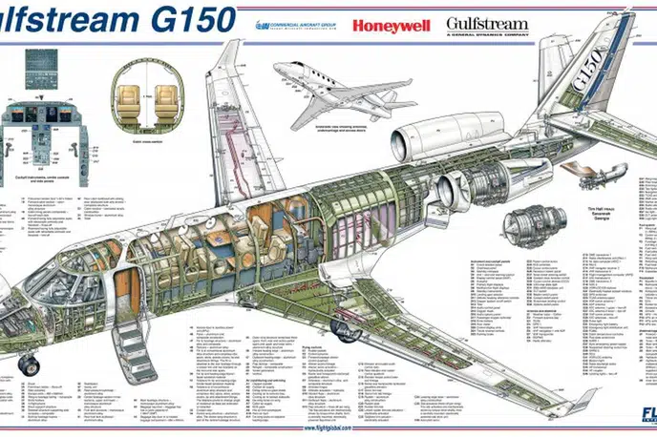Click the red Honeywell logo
pyautogui.click(x=391, y=25)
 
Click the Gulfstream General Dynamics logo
pyautogui.click(x=488, y=25)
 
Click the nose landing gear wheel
pyautogui.click(x=28, y=364)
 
